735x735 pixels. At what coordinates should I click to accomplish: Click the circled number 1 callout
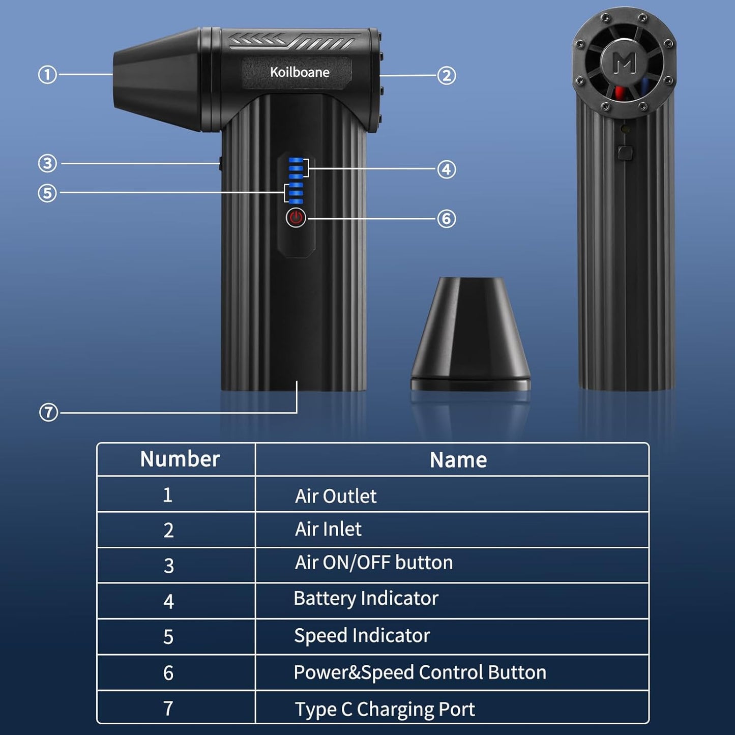click(47, 75)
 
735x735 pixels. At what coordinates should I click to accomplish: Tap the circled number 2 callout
click(446, 76)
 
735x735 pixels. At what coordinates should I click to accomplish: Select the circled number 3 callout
click(47, 163)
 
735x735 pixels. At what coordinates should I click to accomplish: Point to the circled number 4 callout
click(446, 169)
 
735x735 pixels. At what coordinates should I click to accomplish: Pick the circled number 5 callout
click(47, 193)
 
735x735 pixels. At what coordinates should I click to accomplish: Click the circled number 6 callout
click(446, 219)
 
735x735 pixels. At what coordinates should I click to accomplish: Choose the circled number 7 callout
click(48, 412)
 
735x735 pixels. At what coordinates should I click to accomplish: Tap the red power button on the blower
click(296, 218)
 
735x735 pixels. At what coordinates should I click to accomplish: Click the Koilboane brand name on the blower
click(300, 72)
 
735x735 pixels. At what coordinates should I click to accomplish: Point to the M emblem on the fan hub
click(624, 63)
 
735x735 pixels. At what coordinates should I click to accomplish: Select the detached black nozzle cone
click(471, 333)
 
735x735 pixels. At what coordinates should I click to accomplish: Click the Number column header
click(180, 459)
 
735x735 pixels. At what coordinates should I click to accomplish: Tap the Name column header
click(458, 460)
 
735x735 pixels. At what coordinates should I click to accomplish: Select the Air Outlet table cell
click(336, 496)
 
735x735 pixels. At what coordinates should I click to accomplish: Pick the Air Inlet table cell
click(328, 530)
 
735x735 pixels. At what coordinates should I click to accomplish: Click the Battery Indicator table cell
click(366, 599)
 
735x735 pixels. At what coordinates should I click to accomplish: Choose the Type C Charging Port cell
click(385, 709)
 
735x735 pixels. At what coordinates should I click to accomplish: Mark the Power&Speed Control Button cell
click(420, 672)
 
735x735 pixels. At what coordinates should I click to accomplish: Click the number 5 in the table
click(168, 637)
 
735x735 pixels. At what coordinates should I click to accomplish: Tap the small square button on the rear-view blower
click(625, 152)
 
